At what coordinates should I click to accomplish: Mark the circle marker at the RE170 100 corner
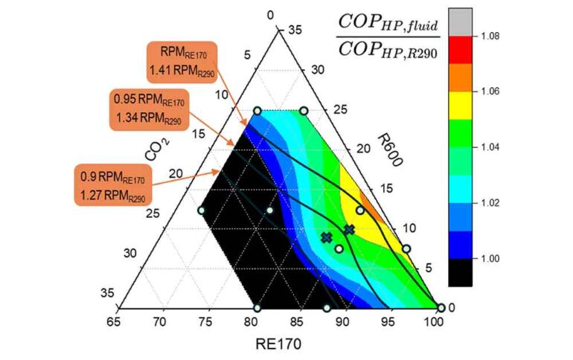pyautogui.click(x=441, y=308)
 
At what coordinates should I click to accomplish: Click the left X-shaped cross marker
pyautogui.click(x=326, y=237)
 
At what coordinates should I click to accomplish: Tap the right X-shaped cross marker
pyautogui.click(x=349, y=230)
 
